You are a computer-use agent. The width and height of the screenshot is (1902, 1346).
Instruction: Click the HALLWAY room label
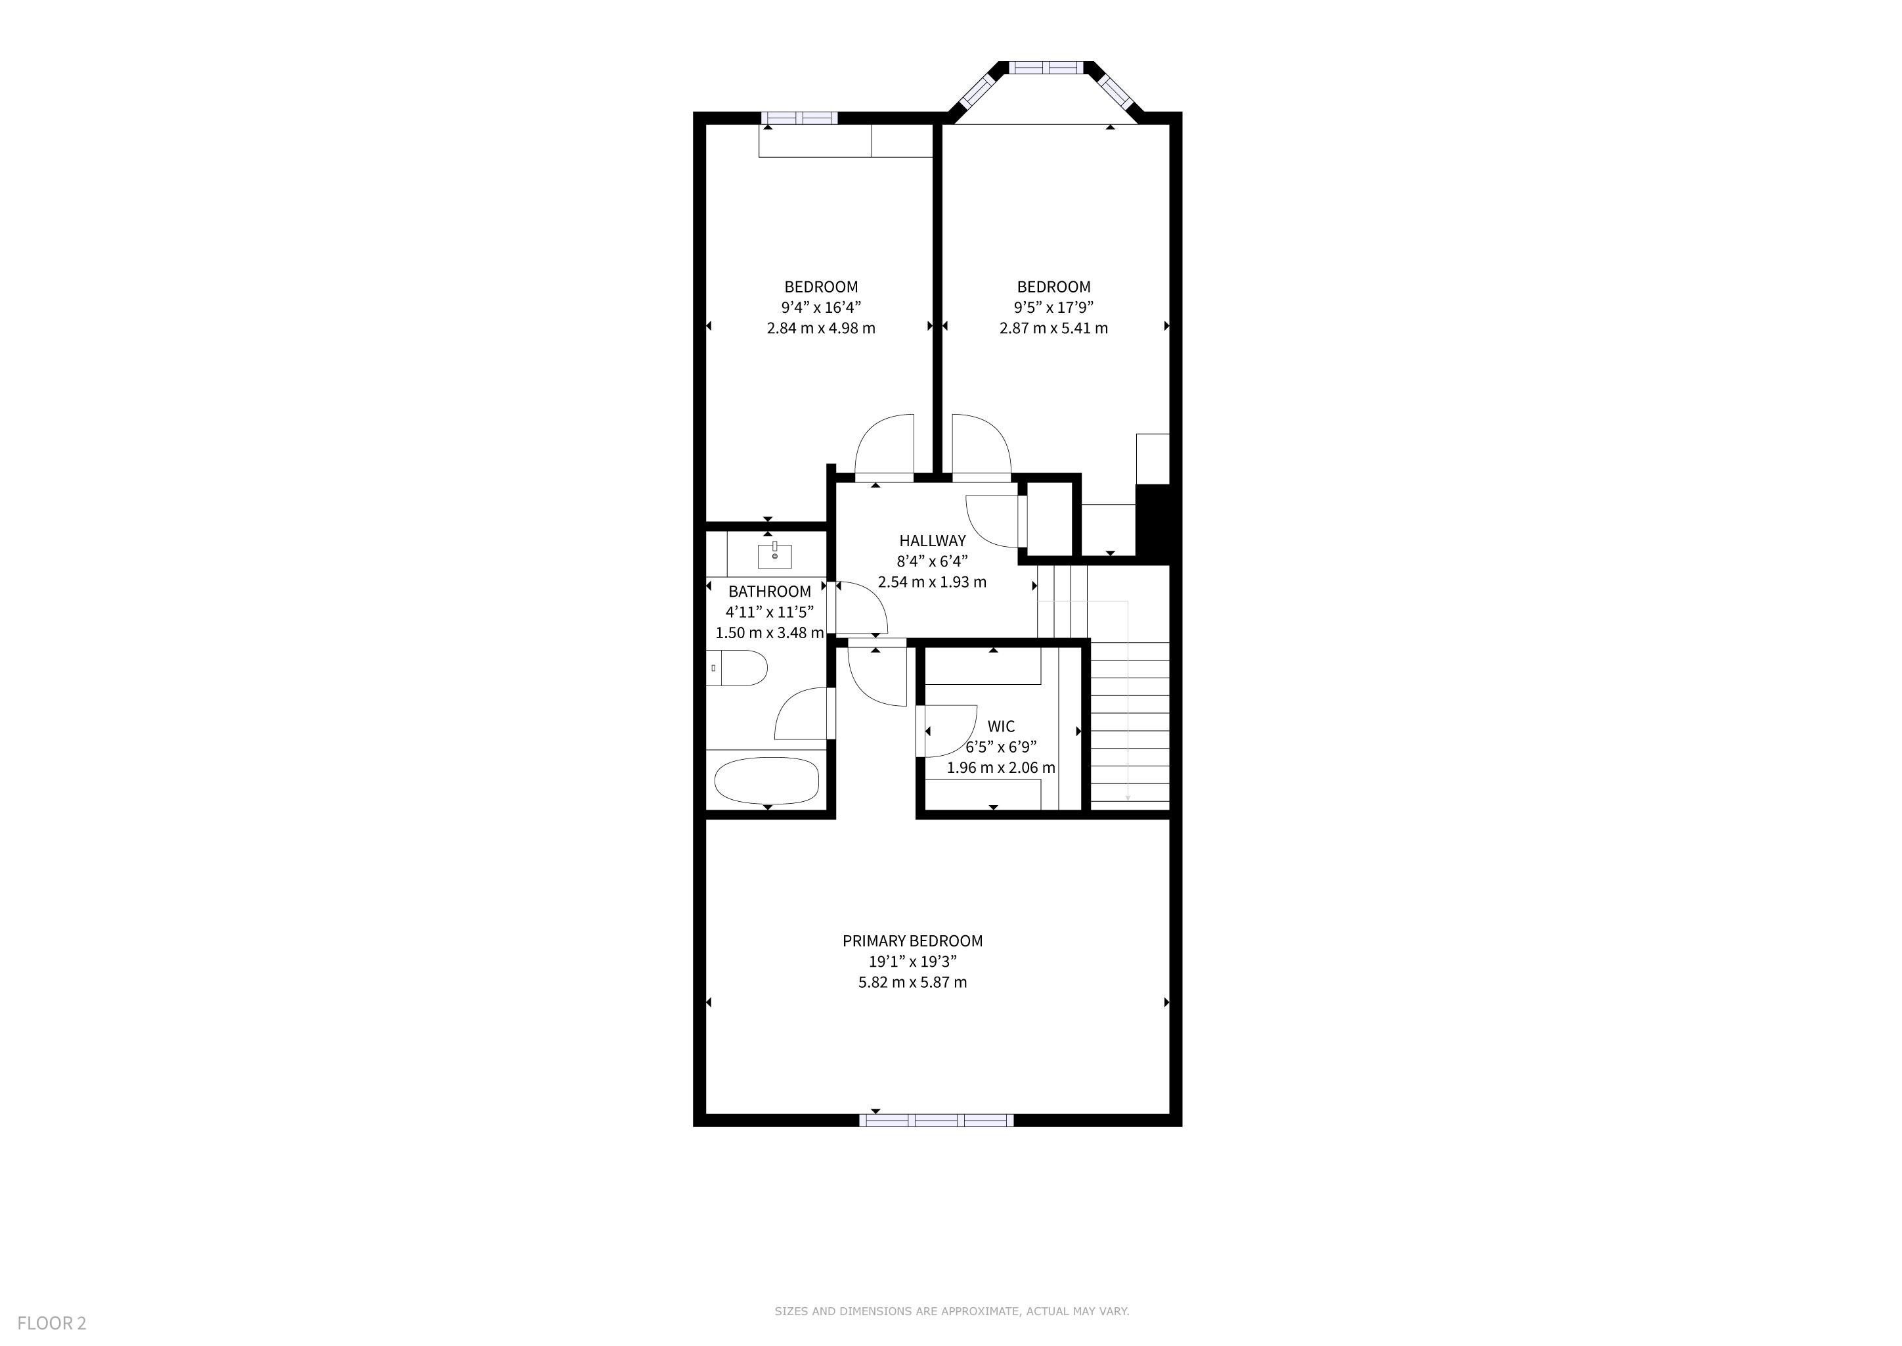pos(932,540)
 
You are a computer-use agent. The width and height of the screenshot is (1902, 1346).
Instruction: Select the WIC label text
pos(1001,726)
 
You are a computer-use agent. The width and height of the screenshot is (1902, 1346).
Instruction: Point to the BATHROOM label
pos(770,591)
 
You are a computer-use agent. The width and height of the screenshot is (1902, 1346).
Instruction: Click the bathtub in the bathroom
pos(766,780)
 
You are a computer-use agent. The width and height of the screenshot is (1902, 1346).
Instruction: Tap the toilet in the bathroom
pos(738,668)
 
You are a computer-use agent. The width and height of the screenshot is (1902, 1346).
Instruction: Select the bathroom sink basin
pos(774,555)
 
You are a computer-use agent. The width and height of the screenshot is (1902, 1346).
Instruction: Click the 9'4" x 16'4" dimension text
pos(821,308)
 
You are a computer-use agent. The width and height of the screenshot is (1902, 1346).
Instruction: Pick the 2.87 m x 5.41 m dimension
pos(1053,327)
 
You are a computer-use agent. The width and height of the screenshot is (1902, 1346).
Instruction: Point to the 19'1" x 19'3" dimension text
pos(912,962)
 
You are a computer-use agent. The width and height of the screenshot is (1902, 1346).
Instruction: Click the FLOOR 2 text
pos(51,1324)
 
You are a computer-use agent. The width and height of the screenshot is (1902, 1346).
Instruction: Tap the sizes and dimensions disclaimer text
pos(952,1311)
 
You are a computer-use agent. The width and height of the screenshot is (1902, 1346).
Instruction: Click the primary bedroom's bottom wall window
pos(936,1121)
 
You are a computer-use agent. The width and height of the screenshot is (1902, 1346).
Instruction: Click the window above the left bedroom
pos(799,118)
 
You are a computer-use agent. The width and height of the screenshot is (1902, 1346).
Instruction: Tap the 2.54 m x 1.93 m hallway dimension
pos(932,582)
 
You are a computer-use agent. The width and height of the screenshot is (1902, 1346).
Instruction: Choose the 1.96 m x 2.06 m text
pos(1001,768)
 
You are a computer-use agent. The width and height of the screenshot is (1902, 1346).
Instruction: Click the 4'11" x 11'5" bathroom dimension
pos(770,612)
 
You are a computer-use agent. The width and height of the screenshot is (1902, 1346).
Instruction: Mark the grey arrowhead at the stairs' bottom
pos(1128,797)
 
